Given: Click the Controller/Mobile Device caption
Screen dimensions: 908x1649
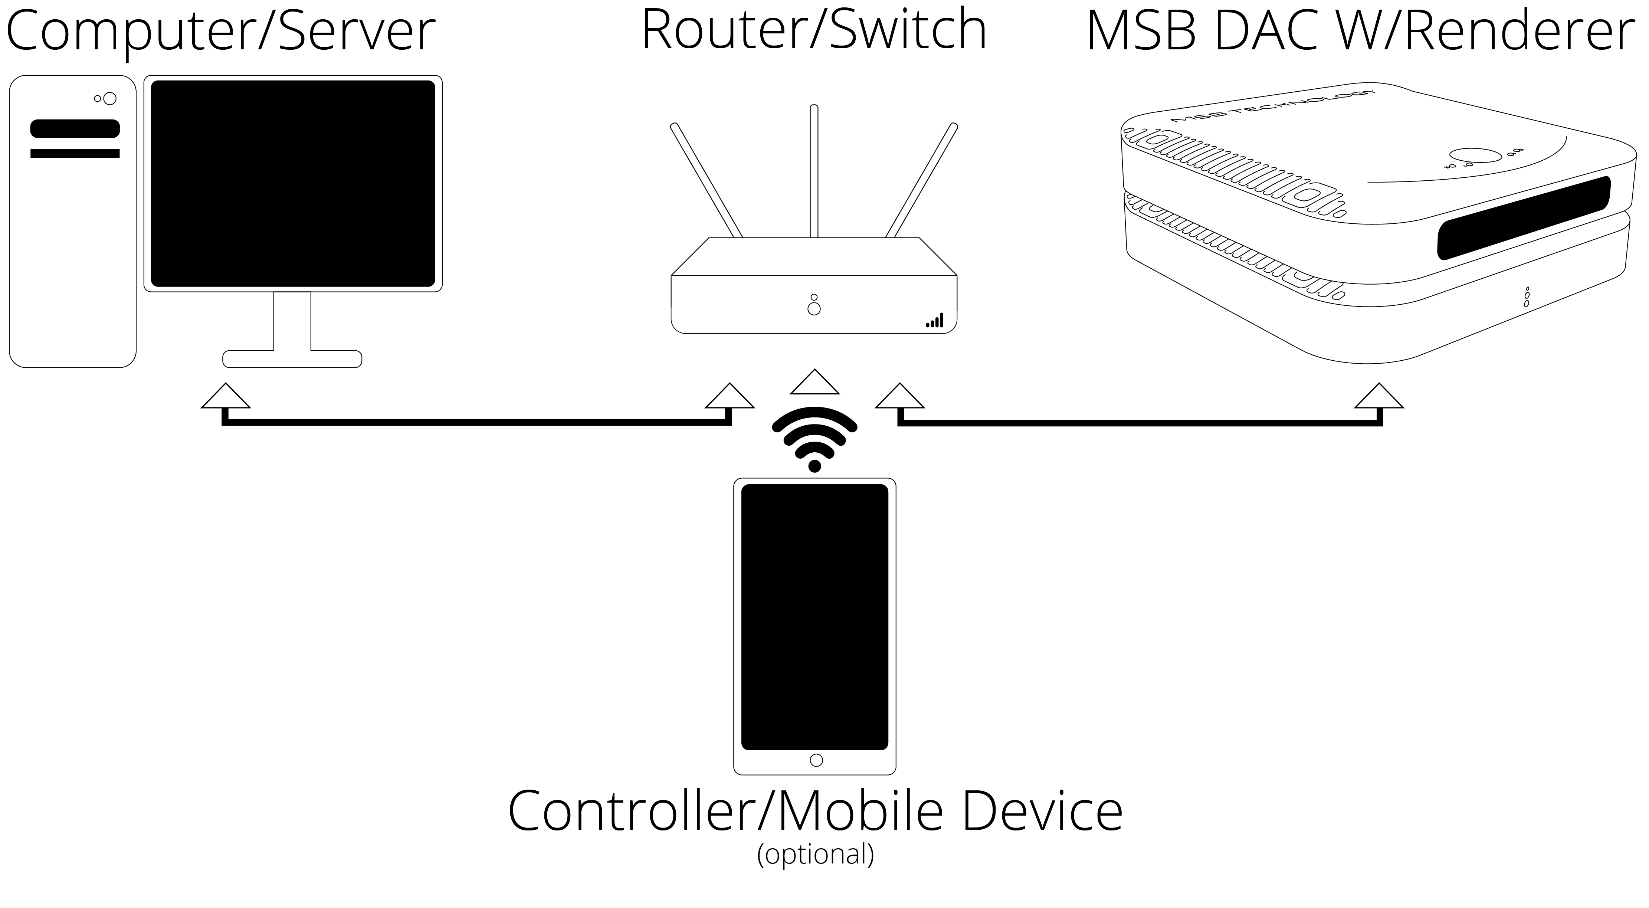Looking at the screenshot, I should pos(815,811).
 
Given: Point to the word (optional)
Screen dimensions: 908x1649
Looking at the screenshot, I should pos(815,855).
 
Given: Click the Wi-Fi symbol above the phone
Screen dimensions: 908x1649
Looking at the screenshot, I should pos(814,439).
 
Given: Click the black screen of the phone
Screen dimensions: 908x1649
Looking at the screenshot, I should pos(814,617).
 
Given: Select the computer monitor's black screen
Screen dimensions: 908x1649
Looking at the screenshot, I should pos(292,183).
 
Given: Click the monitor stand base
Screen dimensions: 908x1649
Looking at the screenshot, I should pos(292,358).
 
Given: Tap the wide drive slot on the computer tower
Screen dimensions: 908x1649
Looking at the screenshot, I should pos(75,129).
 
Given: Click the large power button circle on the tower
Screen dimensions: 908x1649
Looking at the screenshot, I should pos(109,99).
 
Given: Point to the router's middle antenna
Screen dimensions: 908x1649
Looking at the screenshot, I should pos(814,170).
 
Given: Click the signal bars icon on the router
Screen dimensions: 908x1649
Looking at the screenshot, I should pos(935,321).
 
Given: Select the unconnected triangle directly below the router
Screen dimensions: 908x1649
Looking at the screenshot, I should pos(814,383).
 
